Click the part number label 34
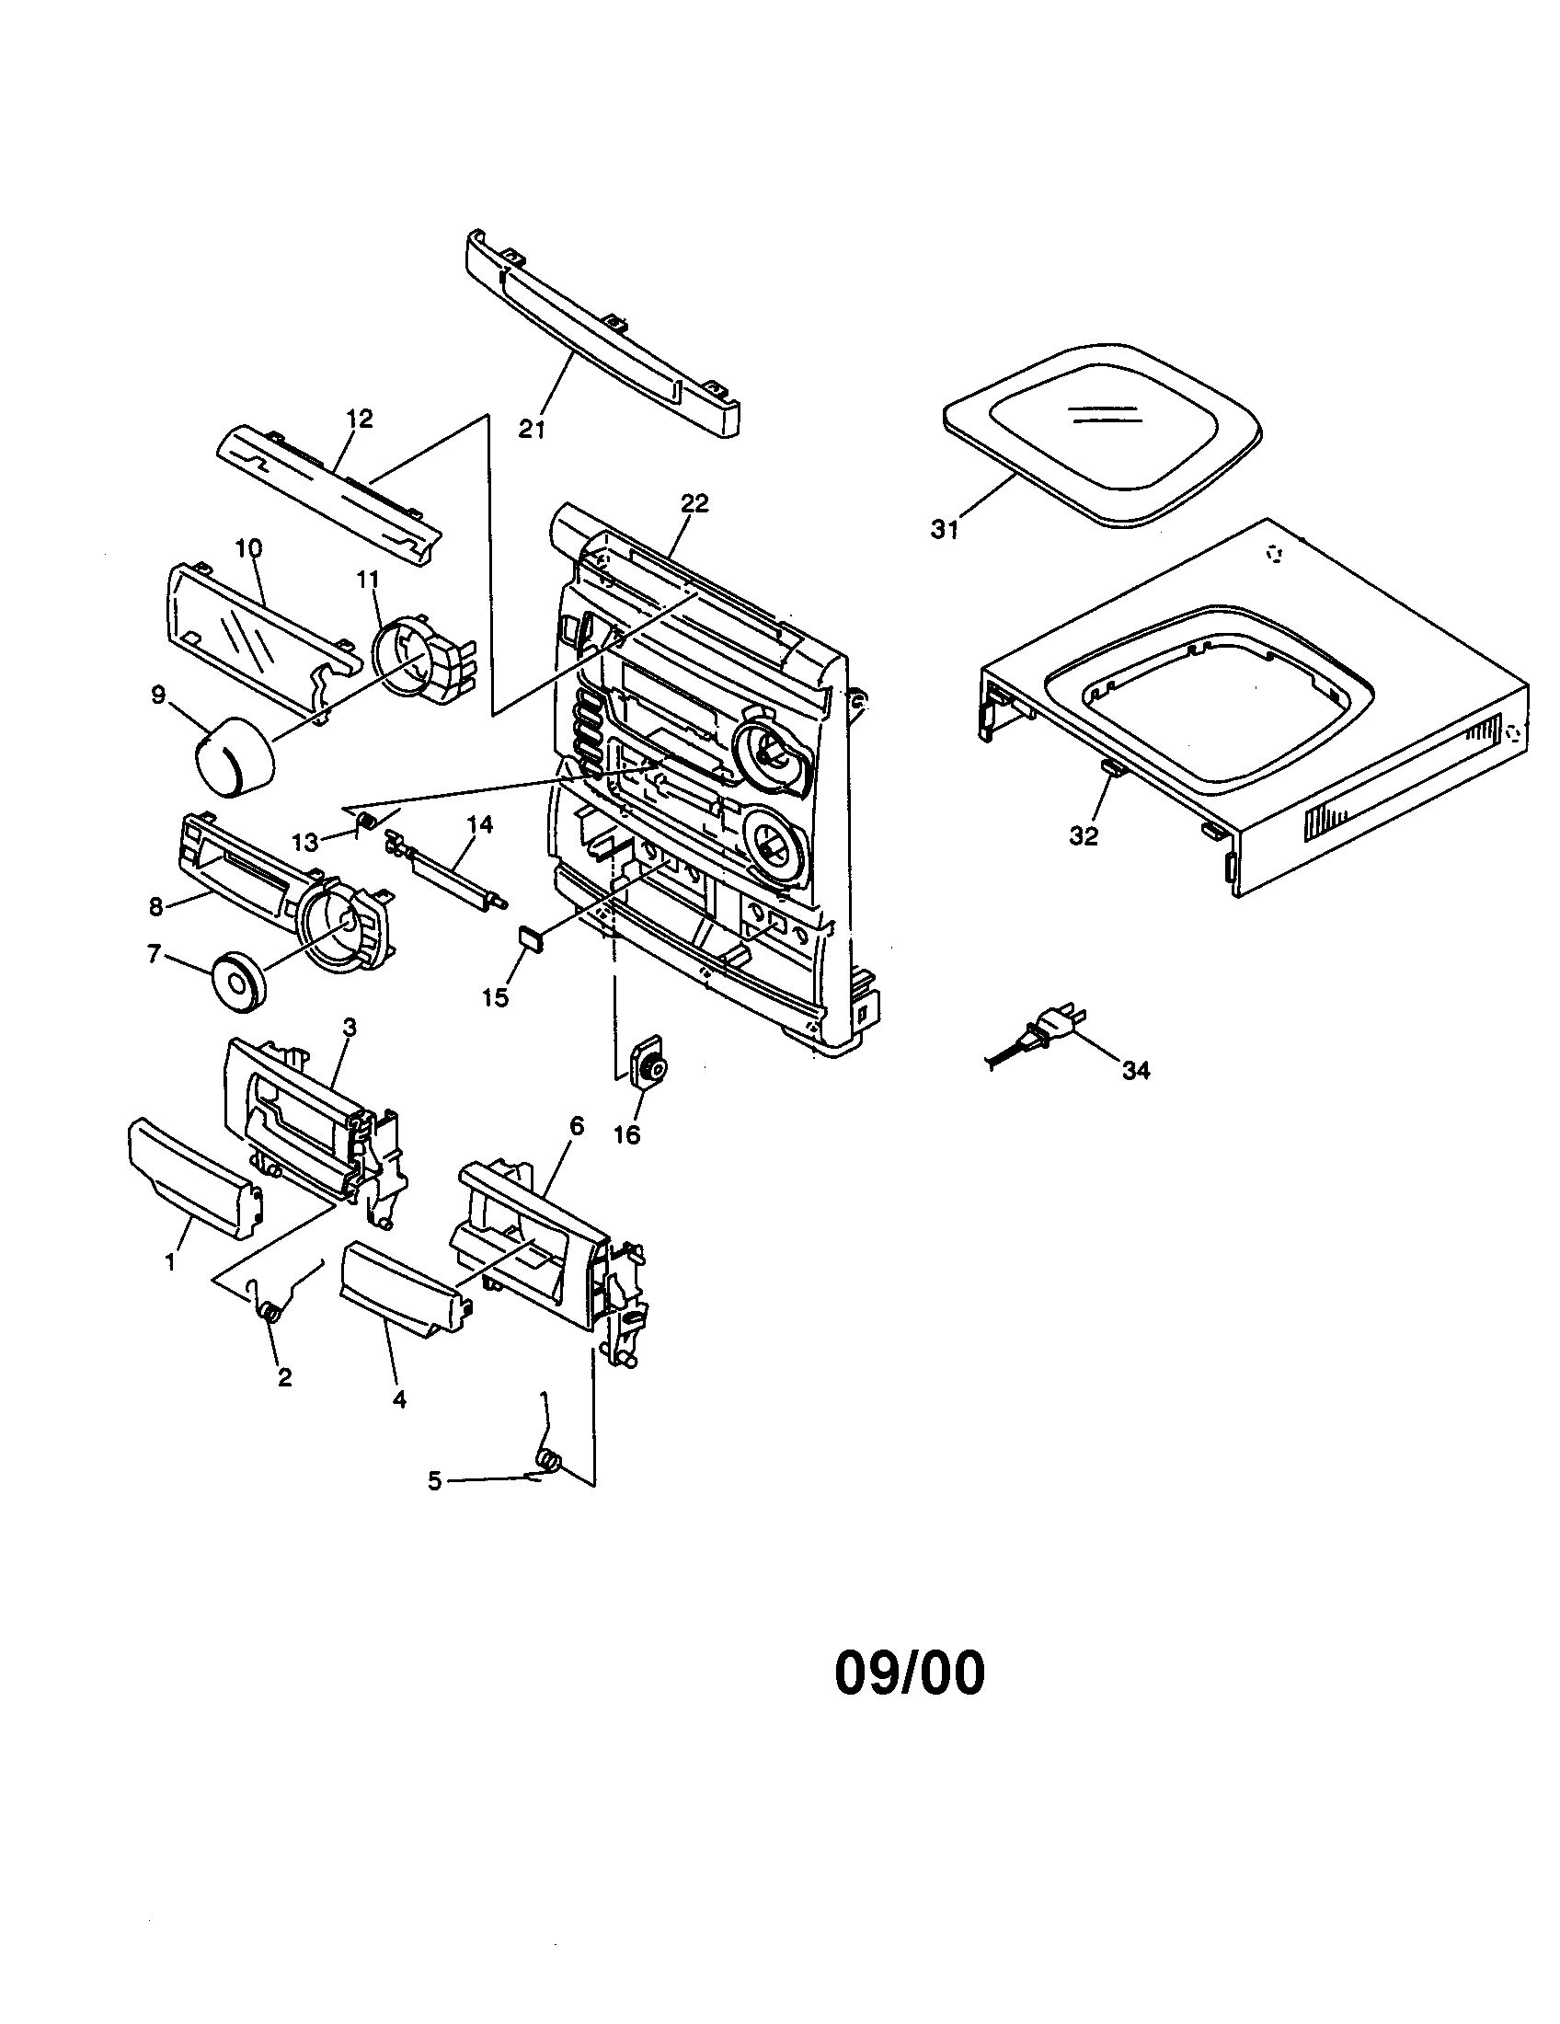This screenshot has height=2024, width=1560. point(1136,1070)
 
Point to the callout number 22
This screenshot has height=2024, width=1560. point(694,503)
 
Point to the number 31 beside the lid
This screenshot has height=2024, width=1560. point(945,531)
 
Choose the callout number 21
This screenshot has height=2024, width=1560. point(532,429)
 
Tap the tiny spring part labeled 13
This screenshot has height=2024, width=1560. point(365,819)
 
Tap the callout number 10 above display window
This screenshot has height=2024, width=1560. point(247,547)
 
